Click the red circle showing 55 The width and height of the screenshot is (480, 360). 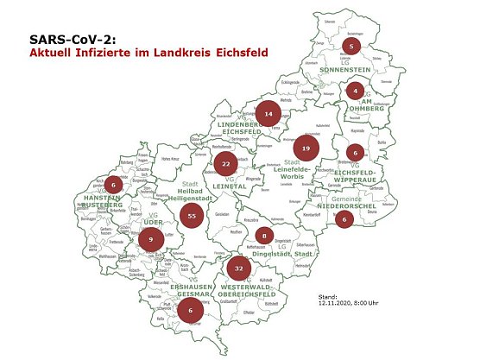[x=192, y=216]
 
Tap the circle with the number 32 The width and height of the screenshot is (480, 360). [x=238, y=269]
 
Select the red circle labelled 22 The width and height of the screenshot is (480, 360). [x=225, y=162]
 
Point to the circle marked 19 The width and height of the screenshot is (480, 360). [x=306, y=148]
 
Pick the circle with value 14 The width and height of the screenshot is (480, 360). [x=269, y=113]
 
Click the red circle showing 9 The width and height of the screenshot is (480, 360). [x=151, y=238]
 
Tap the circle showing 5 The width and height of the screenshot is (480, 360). [x=351, y=46]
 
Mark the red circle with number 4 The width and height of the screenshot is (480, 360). [x=355, y=90]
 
